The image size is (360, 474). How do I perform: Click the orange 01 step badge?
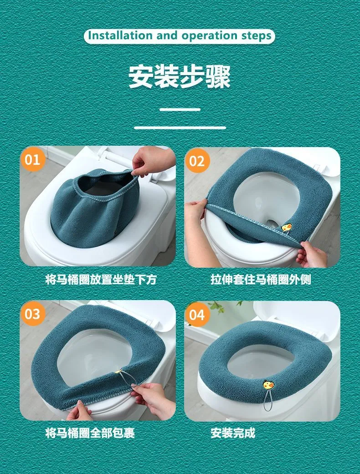pyautogui.click(x=33, y=159)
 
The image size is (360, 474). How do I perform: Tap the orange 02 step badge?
pyautogui.click(x=197, y=161)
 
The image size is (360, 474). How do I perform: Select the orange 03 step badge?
pyautogui.click(x=33, y=314)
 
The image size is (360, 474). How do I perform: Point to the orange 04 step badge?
pyautogui.click(x=197, y=314)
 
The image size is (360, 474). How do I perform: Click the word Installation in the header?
pyautogui.click(x=120, y=36)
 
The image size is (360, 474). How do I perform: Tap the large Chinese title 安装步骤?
pyautogui.click(x=180, y=76)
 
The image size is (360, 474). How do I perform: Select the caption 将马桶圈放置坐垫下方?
pyautogui.click(x=101, y=279)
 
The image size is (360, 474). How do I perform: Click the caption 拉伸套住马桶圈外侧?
pyautogui.click(x=261, y=279)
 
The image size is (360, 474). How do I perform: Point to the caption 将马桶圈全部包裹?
pyautogui.click(x=90, y=433)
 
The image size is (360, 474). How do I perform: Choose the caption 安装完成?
pyautogui.click(x=233, y=433)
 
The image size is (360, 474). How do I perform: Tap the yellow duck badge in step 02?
pyautogui.click(x=287, y=227)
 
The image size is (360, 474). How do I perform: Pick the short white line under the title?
pyautogui.click(x=180, y=109)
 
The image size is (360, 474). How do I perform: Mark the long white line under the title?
pyautogui.click(x=180, y=127)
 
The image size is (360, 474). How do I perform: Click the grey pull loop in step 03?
pyautogui.click(x=127, y=377)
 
